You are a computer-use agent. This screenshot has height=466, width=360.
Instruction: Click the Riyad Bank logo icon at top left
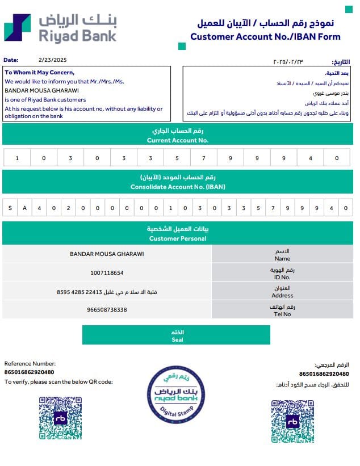[x=18, y=27]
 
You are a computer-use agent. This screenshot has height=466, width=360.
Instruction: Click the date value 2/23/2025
[x=53, y=60]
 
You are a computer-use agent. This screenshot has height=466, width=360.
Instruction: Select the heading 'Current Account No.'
[x=177, y=140]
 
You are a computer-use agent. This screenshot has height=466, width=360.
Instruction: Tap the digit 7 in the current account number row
[x=203, y=158]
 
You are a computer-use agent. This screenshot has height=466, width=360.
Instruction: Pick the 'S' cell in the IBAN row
[x=10, y=208]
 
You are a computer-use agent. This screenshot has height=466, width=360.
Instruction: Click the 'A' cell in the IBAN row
[x=24, y=208]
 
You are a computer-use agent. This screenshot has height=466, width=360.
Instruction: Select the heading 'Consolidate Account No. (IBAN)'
[x=177, y=186]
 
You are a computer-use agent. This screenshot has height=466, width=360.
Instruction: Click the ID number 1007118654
[x=107, y=273]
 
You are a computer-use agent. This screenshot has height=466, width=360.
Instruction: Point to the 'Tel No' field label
[x=282, y=314]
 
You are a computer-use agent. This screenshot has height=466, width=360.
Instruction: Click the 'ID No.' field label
[x=282, y=277]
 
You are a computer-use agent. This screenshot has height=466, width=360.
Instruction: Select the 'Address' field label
[x=282, y=295]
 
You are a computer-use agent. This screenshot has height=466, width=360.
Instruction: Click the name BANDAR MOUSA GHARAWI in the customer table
[x=107, y=254]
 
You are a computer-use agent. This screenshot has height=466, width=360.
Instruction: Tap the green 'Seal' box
[x=177, y=335]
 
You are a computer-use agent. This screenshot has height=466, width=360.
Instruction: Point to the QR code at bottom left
[x=61, y=418]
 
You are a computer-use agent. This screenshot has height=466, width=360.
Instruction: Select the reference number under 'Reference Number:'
[x=30, y=372]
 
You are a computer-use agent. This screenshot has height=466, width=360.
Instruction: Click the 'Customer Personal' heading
[x=177, y=238]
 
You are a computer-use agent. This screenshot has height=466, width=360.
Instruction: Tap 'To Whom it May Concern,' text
[x=40, y=73]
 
